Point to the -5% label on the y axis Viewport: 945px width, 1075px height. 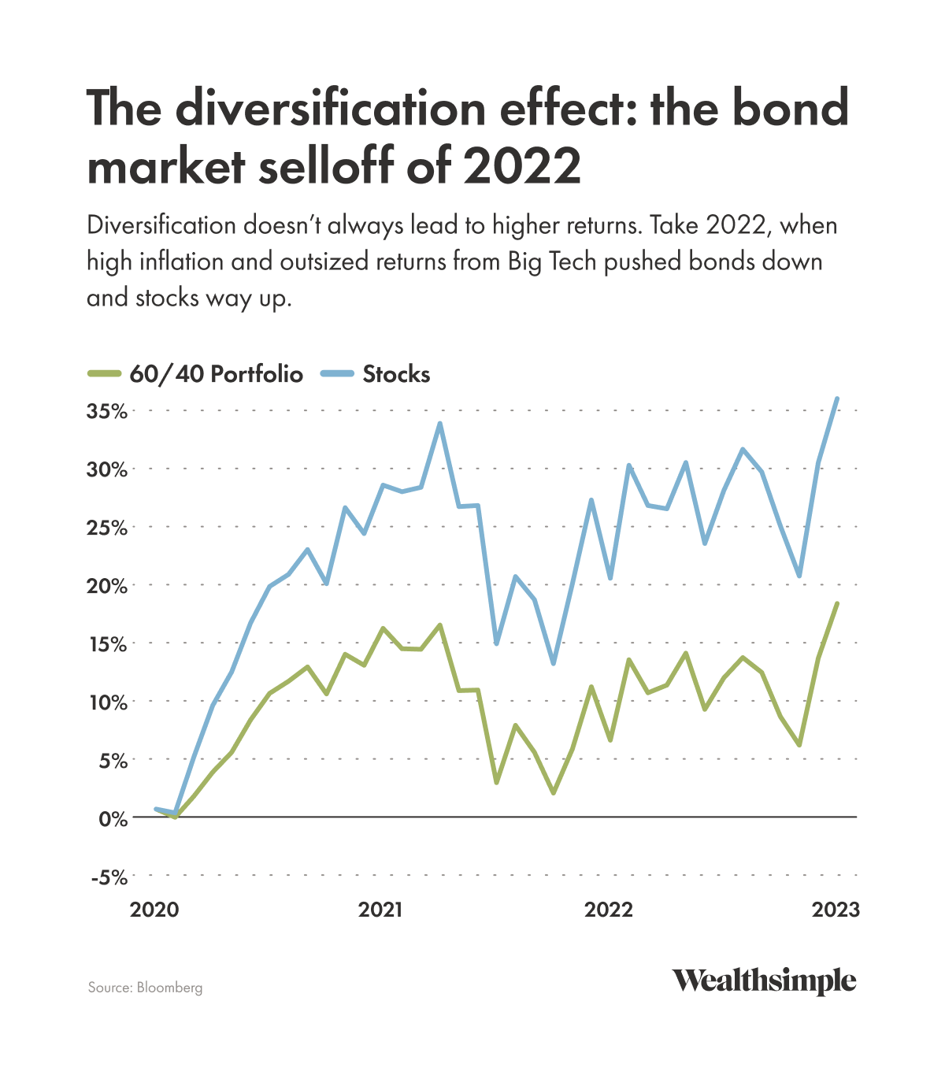point(109,877)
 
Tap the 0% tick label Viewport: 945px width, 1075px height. point(113,818)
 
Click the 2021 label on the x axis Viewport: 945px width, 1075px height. point(380,910)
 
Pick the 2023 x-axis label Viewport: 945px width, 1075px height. point(836,910)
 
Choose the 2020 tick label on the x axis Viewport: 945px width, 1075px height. point(154,910)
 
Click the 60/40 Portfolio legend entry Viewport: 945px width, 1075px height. point(216,373)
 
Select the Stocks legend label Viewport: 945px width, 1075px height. point(396,373)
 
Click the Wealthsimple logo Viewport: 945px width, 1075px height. point(763,981)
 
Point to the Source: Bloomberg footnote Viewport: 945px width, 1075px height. point(145,988)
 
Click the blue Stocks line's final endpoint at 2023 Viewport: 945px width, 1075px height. point(837,398)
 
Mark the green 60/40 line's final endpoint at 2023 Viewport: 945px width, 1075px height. point(837,603)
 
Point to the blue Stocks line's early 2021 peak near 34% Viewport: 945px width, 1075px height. point(439,424)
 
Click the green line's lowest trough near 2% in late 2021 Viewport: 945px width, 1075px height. point(554,793)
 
